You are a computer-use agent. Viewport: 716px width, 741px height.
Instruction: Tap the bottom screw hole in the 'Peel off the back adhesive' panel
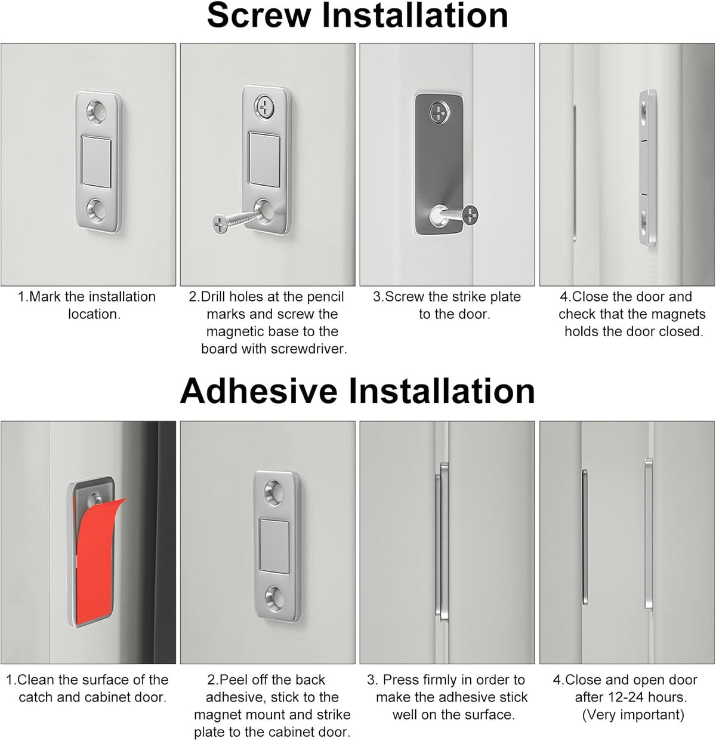[x=276, y=594]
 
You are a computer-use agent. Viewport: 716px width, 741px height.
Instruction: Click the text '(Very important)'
[x=632, y=714]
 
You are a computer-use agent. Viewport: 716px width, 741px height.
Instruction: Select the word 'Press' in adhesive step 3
[x=400, y=679]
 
